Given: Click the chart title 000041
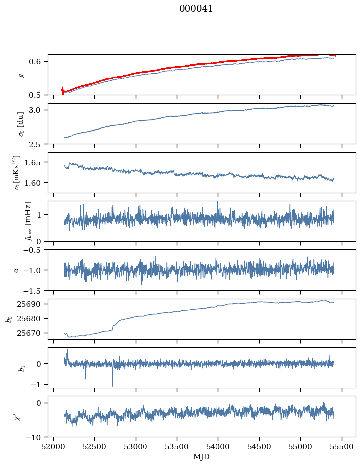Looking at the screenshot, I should click(196, 9).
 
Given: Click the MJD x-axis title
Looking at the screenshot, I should click(201, 457).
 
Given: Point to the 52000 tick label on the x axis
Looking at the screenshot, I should click(54, 447).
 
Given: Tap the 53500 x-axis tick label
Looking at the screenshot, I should click(177, 447).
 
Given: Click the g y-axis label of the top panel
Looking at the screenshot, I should click(21, 75).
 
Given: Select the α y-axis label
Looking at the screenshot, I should click(16, 270).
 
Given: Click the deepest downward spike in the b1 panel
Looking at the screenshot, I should click(112, 386).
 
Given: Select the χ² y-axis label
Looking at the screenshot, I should click(17, 416).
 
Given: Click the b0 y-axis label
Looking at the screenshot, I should click(8, 319).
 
